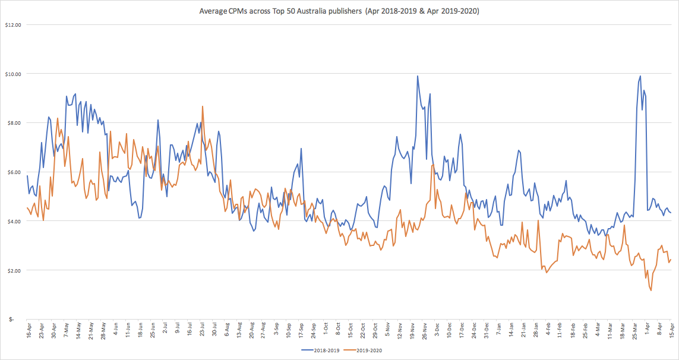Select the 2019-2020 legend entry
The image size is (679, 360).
pyautogui.click(x=368, y=350)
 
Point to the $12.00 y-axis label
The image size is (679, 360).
pyautogui.click(x=12, y=25)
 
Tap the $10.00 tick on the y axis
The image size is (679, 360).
pyautogui.click(x=12, y=74)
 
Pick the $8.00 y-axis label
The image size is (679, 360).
pyautogui.click(x=14, y=123)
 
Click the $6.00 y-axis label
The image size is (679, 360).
pyautogui.click(x=14, y=172)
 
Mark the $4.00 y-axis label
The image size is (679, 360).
pyautogui.click(x=14, y=222)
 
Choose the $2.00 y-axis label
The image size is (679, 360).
pyautogui.click(x=14, y=270)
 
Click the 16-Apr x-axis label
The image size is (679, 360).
pyautogui.click(x=29, y=330)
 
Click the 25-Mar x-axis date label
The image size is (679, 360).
pyautogui.click(x=634, y=330)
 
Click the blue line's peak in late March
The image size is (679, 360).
pyautogui.click(x=640, y=76)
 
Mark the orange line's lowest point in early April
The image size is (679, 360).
pyautogui.click(x=651, y=290)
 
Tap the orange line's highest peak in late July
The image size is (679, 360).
pyautogui.click(x=203, y=106)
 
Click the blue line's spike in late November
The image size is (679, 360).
pyautogui.click(x=418, y=76)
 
